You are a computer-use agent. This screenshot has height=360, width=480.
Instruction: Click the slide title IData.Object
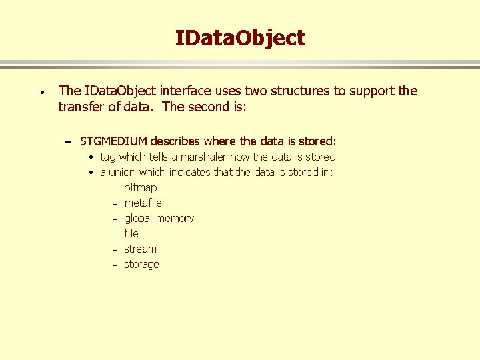point(240,38)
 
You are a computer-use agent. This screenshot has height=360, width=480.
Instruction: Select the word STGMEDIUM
point(113,141)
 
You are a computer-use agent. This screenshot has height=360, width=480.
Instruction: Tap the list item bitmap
point(141,188)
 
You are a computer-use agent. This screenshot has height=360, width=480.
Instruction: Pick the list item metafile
point(143,203)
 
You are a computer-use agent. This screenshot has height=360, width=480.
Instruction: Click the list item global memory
point(159,218)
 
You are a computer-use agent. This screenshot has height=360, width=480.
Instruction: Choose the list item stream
point(140,249)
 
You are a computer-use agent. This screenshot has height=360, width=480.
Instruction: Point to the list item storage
point(141,264)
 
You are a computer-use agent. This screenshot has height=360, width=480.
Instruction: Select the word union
point(125,172)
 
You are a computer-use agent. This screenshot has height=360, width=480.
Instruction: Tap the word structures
point(299,91)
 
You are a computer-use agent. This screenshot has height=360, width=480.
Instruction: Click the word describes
point(176,141)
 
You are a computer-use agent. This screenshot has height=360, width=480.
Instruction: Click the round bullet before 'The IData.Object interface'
point(41,91)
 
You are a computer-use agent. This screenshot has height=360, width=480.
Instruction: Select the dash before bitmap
point(115,189)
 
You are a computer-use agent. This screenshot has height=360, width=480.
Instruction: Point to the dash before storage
point(115,265)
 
